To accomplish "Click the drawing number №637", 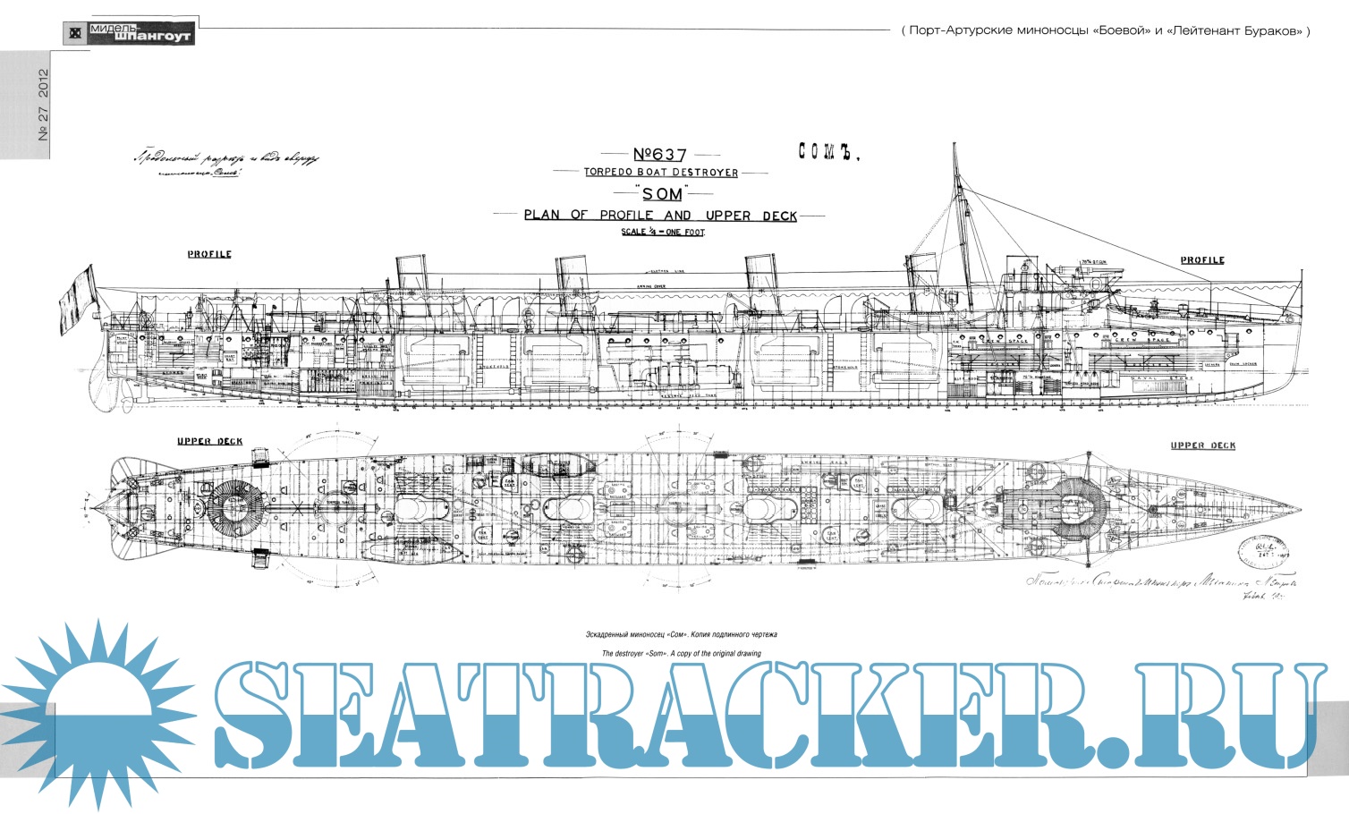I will pyautogui.click(x=660, y=155).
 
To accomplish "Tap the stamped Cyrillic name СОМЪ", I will pyautogui.click(x=827, y=153).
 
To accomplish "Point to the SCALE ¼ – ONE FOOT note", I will pyautogui.click(x=663, y=232).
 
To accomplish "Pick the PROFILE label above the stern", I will pyautogui.click(x=209, y=254).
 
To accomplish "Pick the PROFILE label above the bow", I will pyautogui.click(x=1201, y=260).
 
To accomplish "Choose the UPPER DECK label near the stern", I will pyautogui.click(x=209, y=441).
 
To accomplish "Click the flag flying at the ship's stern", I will pyautogui.click(x=76, y=300).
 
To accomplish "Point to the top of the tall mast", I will pyautogui.click(x=954, y=148).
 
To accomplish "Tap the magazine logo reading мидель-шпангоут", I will pyautogui.click(x=128, y=33).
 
